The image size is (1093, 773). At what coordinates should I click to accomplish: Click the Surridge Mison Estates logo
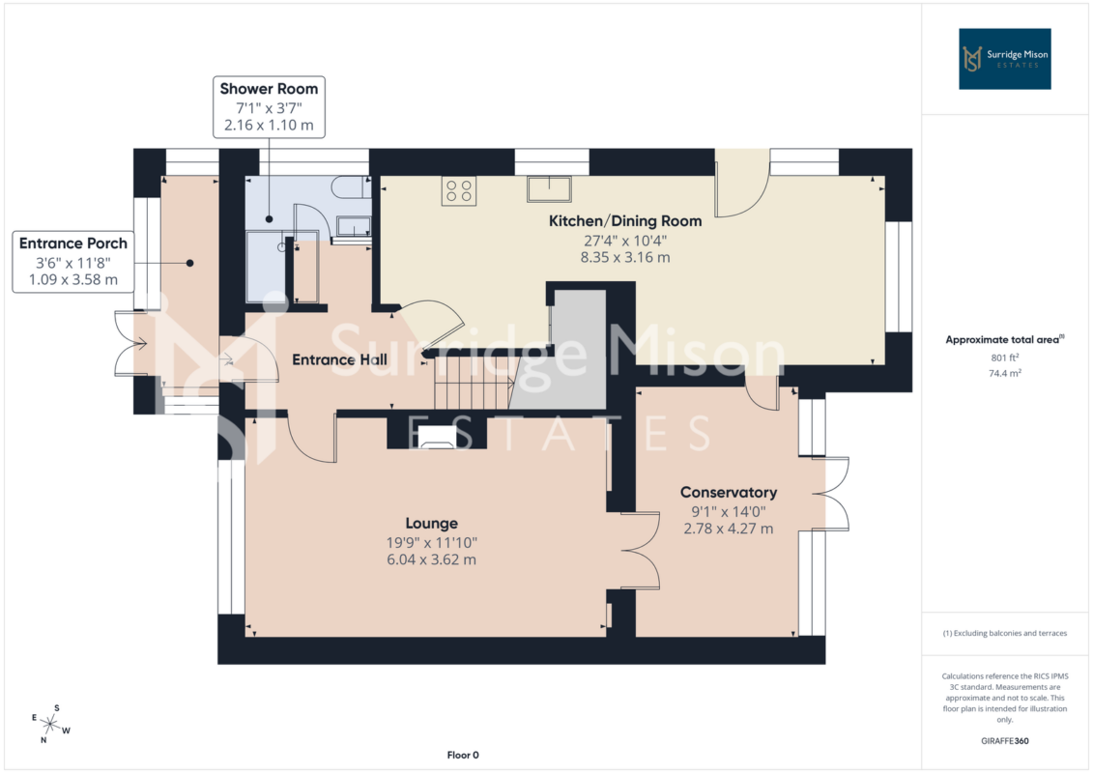(1004, 59)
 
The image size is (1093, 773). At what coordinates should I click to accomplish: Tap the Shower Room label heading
(269, 89)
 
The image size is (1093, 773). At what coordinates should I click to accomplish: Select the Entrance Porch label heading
(73, 243)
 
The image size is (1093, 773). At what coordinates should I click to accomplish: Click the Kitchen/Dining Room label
(625, 221)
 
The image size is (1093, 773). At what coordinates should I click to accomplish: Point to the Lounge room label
(431, 524)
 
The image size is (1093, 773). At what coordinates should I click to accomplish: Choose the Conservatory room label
(729, 492)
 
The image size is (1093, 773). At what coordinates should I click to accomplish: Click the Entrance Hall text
(339, 359)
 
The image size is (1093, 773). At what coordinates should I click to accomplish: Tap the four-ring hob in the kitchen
(459, 190)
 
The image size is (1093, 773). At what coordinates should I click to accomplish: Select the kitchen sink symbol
(549, 188)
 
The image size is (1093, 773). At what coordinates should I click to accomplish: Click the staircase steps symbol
(474, 384)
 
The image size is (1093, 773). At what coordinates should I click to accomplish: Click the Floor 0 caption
(463, 755)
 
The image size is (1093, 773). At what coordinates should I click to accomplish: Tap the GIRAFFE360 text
(1004, 741)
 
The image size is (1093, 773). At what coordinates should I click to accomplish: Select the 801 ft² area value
(1004, 358)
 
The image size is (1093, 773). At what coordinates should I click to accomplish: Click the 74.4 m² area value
(1004, 373)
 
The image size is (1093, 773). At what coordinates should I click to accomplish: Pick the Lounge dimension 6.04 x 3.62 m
(431, 559)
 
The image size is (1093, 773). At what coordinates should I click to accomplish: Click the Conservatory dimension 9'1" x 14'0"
(729, 511)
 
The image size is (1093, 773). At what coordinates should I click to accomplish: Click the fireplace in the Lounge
(437, 437)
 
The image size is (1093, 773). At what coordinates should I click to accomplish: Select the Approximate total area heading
(1004, 339)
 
